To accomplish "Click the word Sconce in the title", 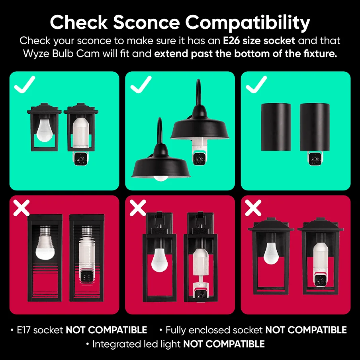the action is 146,22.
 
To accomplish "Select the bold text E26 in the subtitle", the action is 231,41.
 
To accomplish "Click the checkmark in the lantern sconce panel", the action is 25,84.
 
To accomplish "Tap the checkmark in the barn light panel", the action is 141,84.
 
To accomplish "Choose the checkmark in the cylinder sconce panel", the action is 256,84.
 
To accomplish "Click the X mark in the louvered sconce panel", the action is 22,208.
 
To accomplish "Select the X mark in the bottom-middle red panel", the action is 138,208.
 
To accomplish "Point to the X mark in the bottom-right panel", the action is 253,208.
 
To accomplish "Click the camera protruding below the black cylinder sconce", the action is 315,158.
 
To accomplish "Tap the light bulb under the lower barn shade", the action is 161,178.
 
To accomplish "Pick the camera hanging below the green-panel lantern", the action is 81,158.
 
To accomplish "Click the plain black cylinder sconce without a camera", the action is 276,127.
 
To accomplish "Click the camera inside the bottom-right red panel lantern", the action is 321,279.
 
